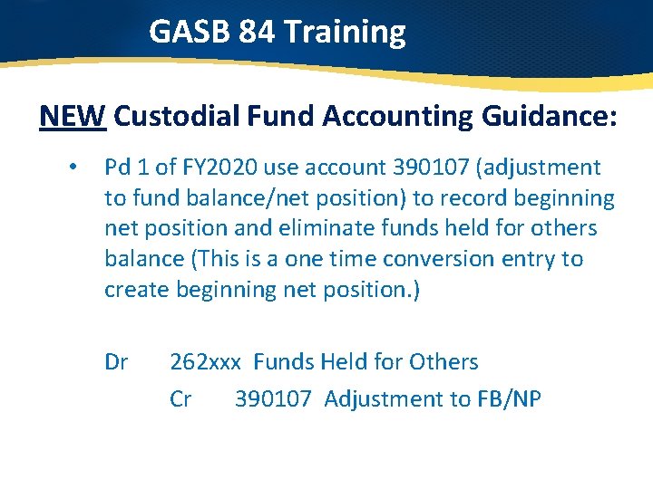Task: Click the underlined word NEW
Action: point(73,116)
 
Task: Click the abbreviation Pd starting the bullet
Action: point(118,168)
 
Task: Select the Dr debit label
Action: point(116,362)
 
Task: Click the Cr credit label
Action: point(180,398)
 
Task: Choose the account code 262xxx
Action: point(206,362)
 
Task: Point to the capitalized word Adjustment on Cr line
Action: point(381,398)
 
